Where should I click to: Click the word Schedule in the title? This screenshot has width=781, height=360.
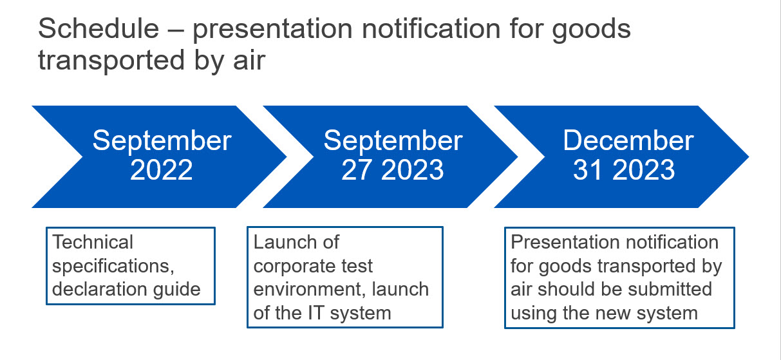99,28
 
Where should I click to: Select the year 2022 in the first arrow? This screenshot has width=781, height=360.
161,170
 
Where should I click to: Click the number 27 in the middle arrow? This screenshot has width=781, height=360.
357,170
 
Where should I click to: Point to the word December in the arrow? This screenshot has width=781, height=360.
628,140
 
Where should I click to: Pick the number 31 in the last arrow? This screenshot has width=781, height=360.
588,170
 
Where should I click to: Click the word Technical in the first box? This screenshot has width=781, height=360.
93,242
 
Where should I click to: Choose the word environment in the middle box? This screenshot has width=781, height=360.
309,289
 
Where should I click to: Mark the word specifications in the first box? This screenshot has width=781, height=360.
113,267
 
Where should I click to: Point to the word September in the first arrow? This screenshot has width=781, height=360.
162,141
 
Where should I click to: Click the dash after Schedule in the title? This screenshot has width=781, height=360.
176,30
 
